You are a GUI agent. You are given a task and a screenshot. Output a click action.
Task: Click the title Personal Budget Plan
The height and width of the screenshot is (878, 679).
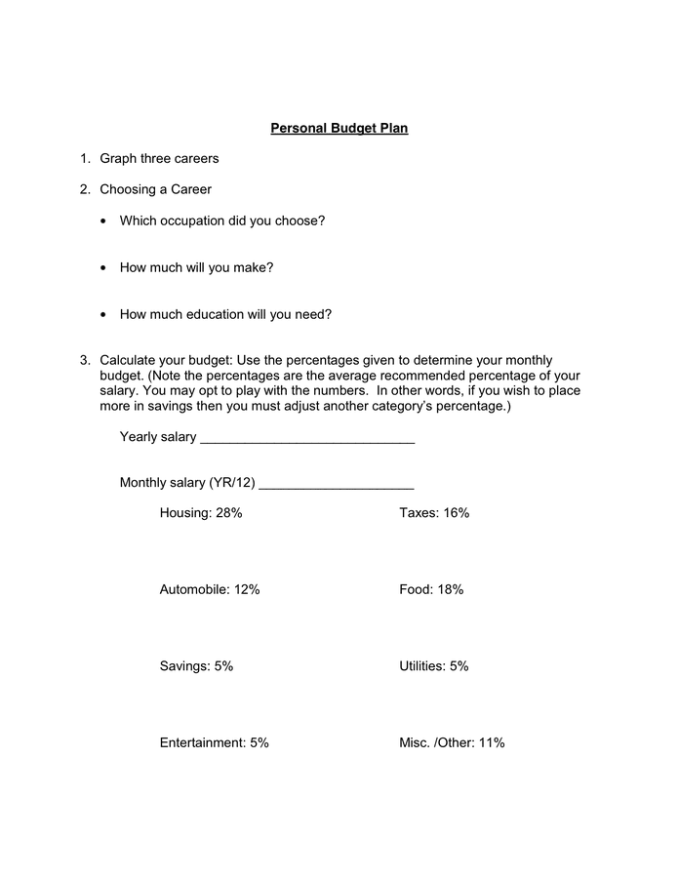coord(339,128)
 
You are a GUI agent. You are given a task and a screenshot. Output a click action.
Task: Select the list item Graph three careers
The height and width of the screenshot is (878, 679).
coord(159,158)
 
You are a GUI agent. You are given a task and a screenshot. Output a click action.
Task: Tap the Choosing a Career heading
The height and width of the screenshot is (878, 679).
coord(155,189)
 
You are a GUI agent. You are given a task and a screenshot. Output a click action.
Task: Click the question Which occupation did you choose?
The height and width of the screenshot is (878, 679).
coord(221,220)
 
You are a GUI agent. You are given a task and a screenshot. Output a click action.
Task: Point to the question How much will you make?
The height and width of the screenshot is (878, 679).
coord(196,267)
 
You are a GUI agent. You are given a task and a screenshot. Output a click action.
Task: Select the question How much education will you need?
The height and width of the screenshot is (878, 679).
coord(225,314)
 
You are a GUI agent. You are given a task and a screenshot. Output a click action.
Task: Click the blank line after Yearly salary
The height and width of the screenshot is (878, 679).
coord(307,440)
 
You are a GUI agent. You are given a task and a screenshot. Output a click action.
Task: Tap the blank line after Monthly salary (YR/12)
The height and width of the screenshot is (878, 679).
coord(337,486)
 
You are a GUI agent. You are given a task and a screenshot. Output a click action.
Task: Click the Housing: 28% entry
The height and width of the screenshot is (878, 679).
coord(201,512)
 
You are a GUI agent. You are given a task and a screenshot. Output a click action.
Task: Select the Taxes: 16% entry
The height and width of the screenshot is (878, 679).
coord(434,512)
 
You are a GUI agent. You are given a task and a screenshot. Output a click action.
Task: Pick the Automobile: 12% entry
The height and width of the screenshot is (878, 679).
coord(210,589)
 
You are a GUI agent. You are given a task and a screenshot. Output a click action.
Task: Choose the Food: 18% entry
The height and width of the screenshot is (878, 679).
coord(431,589)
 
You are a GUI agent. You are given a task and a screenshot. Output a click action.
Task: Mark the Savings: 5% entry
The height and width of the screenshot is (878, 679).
coord(196,666)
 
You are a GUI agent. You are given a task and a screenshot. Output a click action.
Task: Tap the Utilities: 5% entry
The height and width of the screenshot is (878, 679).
coord(434,666)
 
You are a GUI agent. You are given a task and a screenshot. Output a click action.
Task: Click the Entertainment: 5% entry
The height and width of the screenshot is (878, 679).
coord(214,742)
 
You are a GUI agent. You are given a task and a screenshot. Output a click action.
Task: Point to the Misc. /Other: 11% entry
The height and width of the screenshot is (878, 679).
coord(452,742)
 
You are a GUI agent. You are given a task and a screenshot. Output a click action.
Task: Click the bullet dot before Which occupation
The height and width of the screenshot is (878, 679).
coord(104,221)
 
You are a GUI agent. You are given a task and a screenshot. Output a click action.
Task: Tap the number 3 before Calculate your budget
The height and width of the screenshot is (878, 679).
coord(85,360)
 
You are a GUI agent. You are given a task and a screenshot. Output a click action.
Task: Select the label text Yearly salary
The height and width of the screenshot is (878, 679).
coord(158,436)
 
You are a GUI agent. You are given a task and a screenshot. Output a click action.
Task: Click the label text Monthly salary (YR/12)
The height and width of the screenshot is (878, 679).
coord(187,482)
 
